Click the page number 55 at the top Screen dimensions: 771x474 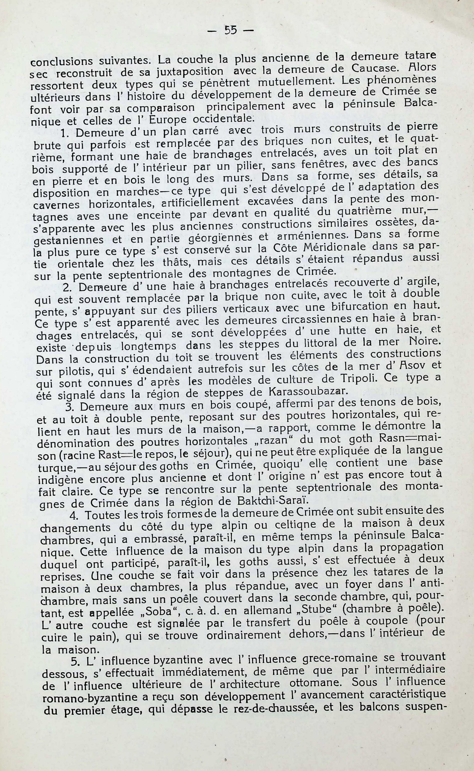tap(230, 30)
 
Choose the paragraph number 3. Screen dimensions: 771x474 tap(70, 406)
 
